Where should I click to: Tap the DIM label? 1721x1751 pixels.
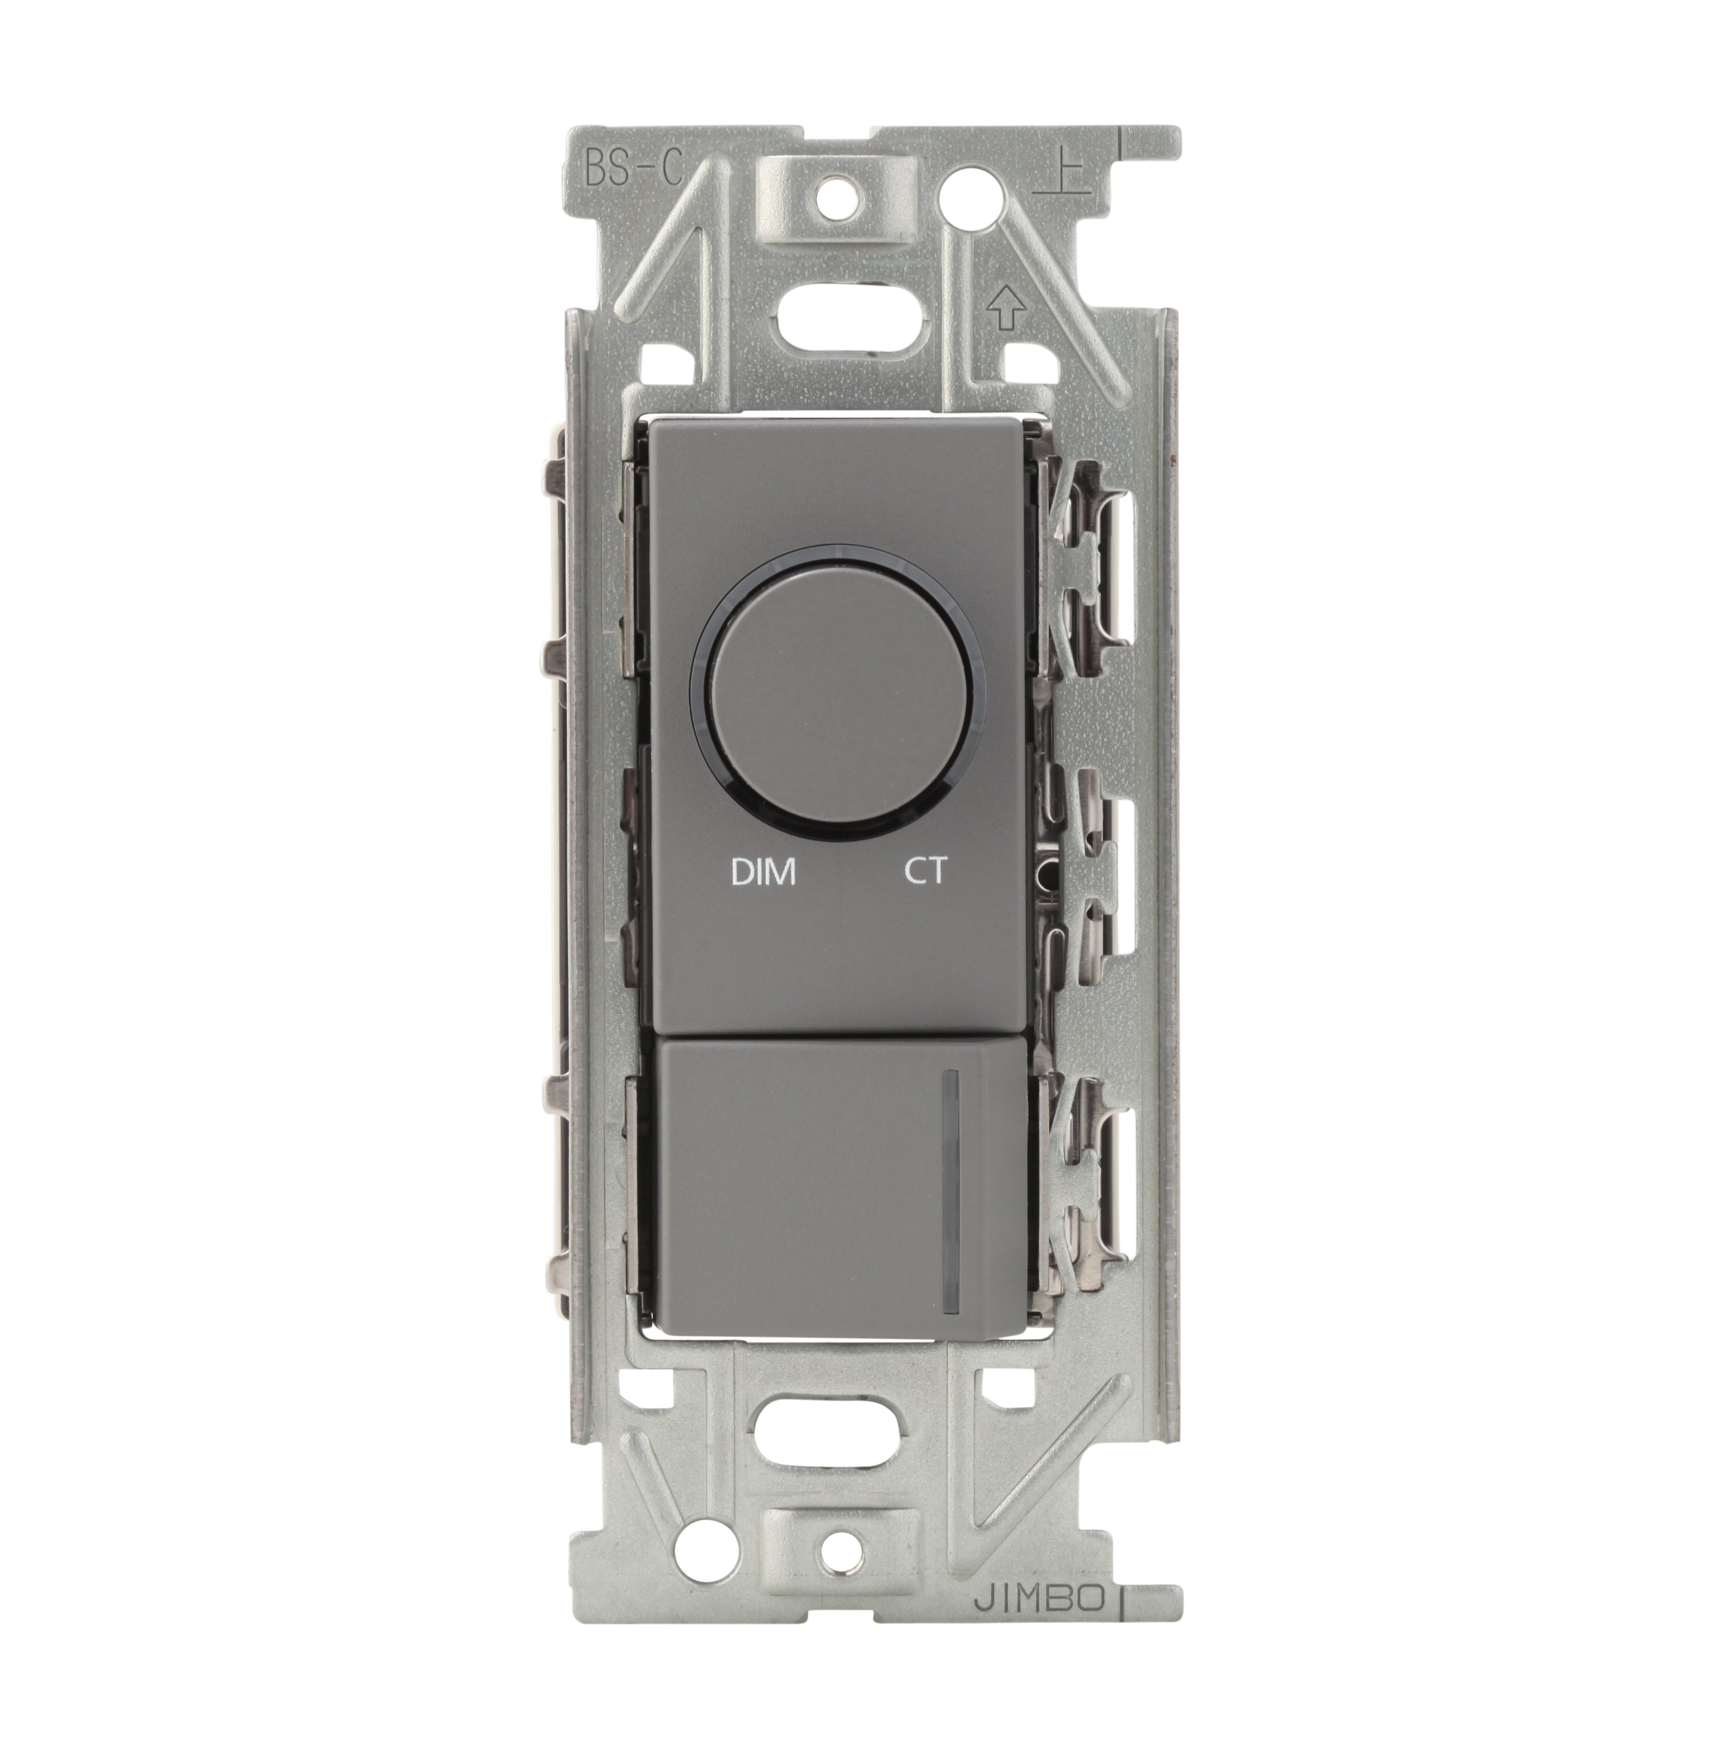tap(763, 871)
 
